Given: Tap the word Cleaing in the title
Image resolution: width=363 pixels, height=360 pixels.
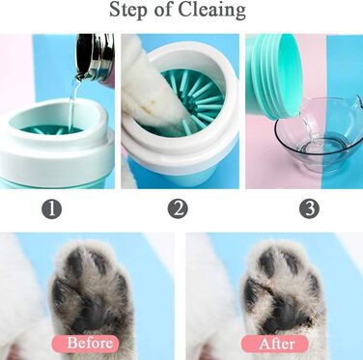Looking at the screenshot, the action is click(x=211, y=11).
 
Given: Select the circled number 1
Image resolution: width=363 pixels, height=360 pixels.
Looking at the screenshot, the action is click(x=51, y=209).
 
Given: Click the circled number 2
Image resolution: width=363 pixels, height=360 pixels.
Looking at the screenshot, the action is click(x=178, y=208).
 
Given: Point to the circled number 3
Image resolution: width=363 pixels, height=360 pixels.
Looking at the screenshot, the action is click(x=309, y=208).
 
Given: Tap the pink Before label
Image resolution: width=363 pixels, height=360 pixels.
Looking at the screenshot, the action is click(x=85, y=344).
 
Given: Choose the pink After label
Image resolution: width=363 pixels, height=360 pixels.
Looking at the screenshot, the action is click(x=275, y=344).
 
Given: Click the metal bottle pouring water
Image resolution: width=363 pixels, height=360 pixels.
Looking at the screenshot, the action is click(x=96, y=56).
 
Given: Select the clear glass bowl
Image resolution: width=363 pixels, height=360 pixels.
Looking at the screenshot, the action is click(x=319, y=134).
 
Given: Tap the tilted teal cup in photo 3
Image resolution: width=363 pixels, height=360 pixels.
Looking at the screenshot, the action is click(x=273, y=75).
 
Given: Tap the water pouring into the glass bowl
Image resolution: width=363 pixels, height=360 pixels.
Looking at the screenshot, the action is click(x=306, y=128).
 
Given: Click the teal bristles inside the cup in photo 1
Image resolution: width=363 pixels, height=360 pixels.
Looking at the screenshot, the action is click(x=51, y=129).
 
